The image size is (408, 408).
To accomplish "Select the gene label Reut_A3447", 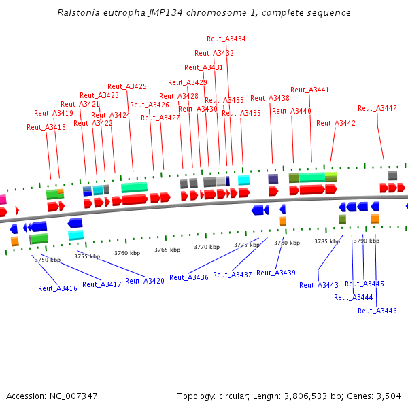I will click(x=377, y=108).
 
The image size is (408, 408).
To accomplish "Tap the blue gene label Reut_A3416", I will click(x=58, y=288).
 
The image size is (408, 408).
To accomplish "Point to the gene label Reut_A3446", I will click(x=377, y=311).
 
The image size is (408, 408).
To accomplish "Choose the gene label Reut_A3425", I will click(x=127, y=86).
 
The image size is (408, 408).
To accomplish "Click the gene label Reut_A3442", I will click(x=336, y=123).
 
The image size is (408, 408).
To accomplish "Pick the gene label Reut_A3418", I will click(x=46, y=127).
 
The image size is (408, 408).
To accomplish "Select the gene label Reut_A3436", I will click(x=189, y=277).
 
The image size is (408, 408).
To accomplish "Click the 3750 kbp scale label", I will click(x=48, y=260).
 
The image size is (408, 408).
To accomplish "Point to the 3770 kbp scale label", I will click(x=207, y=247).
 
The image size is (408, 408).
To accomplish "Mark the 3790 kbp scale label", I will click(x=367, y=241).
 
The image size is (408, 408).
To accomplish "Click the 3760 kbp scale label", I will click(x=127, y=253).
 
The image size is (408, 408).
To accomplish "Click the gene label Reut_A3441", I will click(x=310, y=90).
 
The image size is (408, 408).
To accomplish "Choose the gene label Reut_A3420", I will click(x=145, y=281).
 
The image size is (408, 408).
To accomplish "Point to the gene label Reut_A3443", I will click(x=318, y=285).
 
